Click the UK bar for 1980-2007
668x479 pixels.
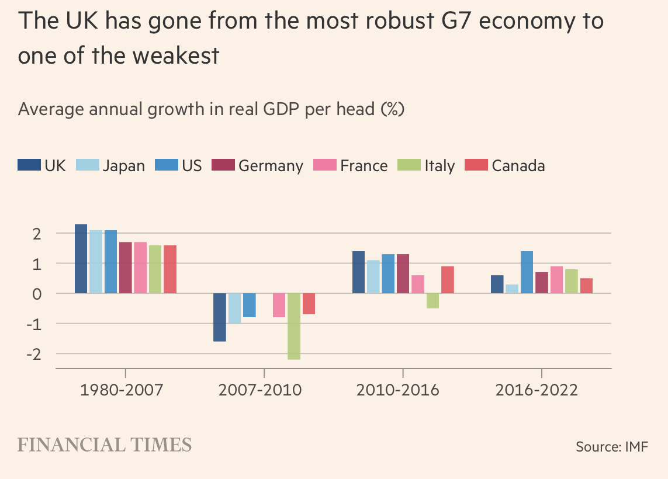(x=81, y=259)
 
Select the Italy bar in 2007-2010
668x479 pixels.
(x=294, y=326)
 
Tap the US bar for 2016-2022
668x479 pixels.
(x=527, y=272)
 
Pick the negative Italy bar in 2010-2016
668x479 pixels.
(x=432, y=300)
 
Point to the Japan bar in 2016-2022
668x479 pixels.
(x=512, y=289)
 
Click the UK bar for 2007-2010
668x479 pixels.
(x=220, y=317)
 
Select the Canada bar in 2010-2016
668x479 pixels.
(x=447, y=280)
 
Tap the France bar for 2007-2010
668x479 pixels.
(x=279, y=305)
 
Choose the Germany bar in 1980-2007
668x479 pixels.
(x=125, y=268)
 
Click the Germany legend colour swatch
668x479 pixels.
(x=224, y=165)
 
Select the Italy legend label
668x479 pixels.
(x=439, y=166)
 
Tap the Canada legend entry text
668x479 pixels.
(x=518, y=166)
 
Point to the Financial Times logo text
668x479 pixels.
(x=105, y=445)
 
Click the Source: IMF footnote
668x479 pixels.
(x=612, y=447)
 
